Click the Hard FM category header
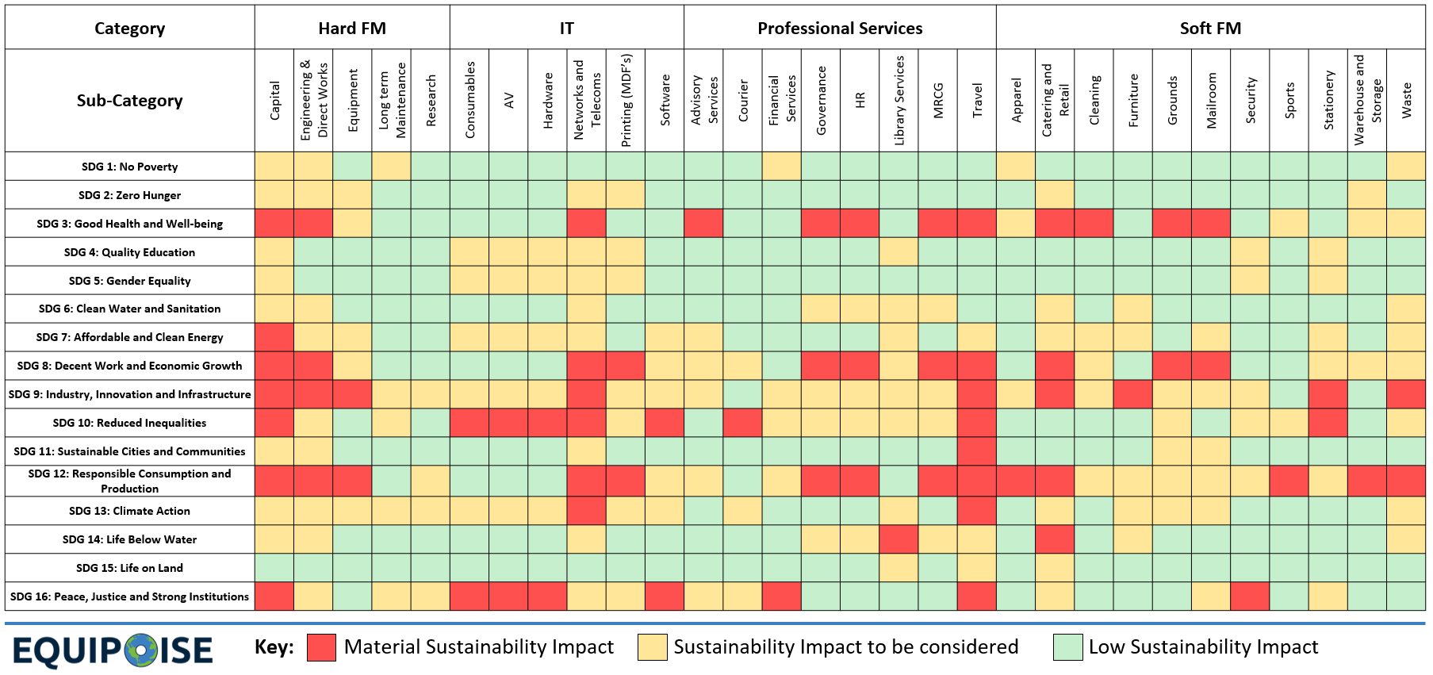click(x=352, y=29)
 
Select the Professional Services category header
click(x=840, y=29)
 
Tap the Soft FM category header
click(x=1210, y=29)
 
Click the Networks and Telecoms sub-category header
click(x=587, y=100)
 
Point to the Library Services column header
click(x=898, y=100)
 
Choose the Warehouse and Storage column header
click(x=1367, y=100)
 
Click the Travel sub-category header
click(x=977, y=100)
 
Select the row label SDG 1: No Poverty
click(x=129, y=167)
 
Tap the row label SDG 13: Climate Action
click(x=129, y=511)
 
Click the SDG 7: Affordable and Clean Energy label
click(x=129, y=337)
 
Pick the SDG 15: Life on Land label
click(x=129, y=568)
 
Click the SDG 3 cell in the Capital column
click(x=274, y=224)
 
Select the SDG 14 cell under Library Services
click(x=898, y=539)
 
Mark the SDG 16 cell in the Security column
click(x=1250, y=596)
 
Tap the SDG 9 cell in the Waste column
click(x=1406, y=394)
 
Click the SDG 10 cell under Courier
click(x=742, y=423)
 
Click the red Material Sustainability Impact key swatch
click(x=321, y=647)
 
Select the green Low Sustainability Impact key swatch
click(x=1067, y=647)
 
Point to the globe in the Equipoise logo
click(x=141, y=650)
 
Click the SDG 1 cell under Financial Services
click(x=781, y=167)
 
